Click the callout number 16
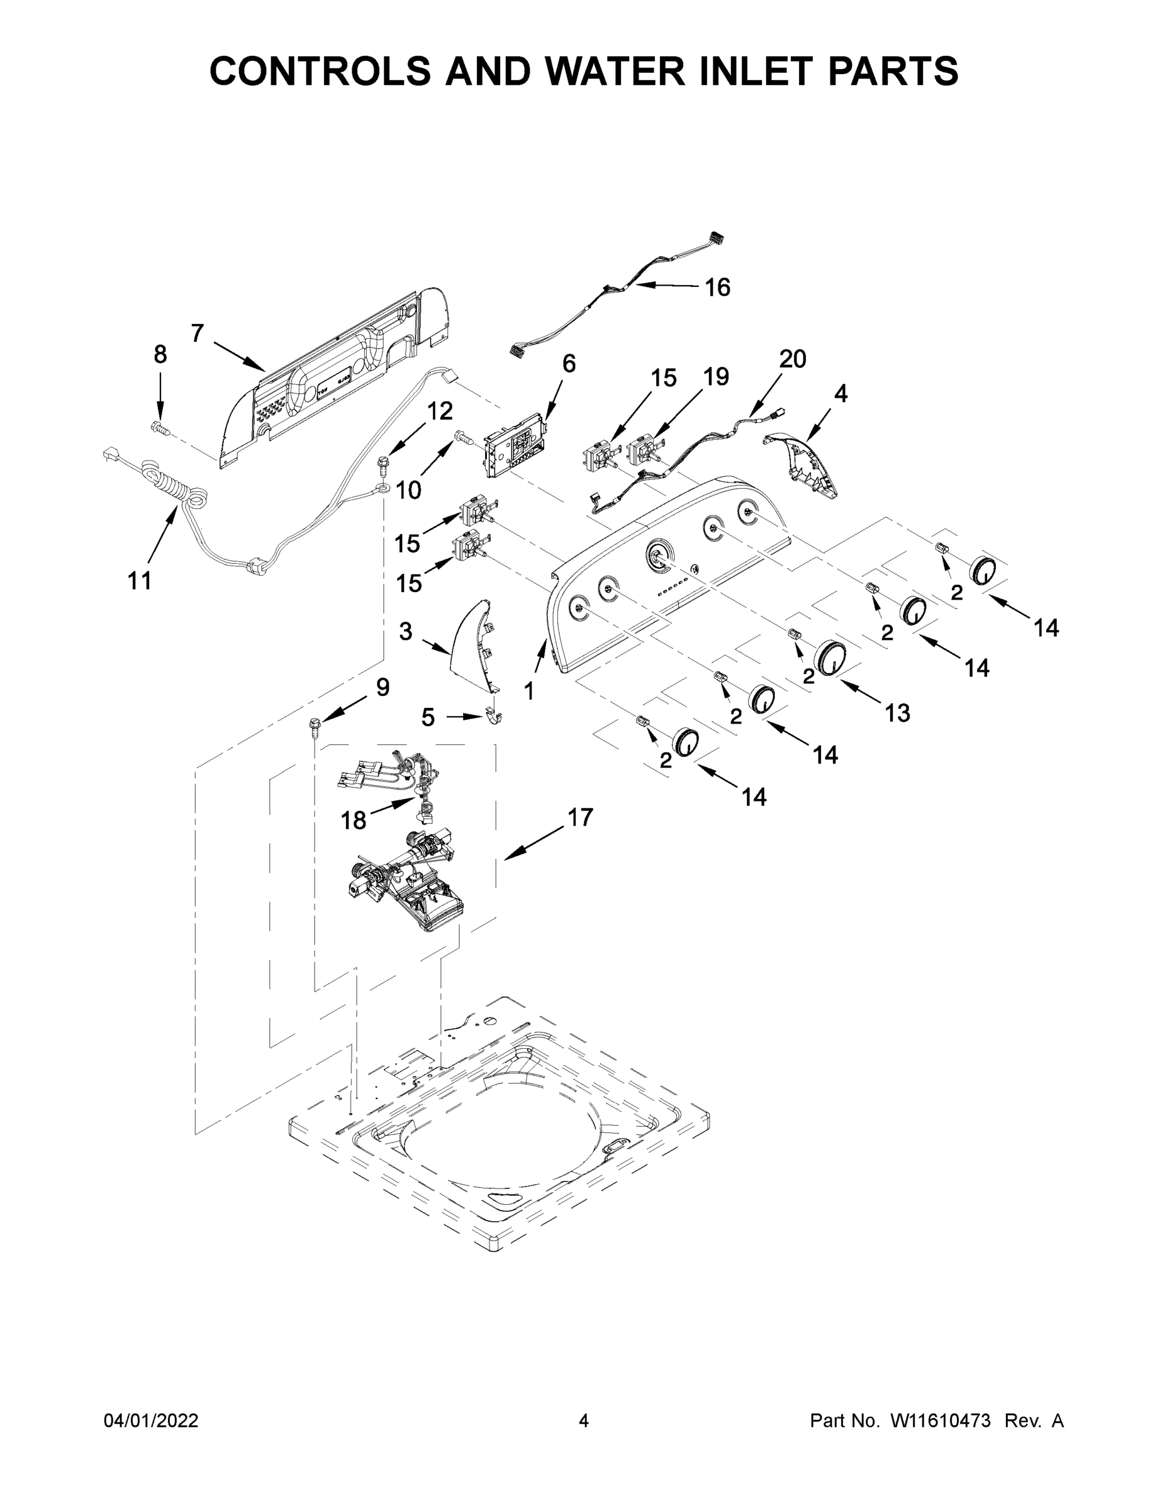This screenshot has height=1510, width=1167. click(x=717, y=288)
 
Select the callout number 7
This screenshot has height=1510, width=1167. click(x=197, y=333)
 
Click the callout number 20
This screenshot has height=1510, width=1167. click(x=792, y=359)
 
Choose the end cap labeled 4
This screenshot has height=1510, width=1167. click(x=802, y=463)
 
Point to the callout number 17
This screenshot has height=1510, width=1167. click(x=580, y=817)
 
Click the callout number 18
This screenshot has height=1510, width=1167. click(x=354, y=820)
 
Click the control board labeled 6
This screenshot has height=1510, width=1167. click(x=515, y=454)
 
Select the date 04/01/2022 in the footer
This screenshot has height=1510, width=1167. click(x=151, y=1420)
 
